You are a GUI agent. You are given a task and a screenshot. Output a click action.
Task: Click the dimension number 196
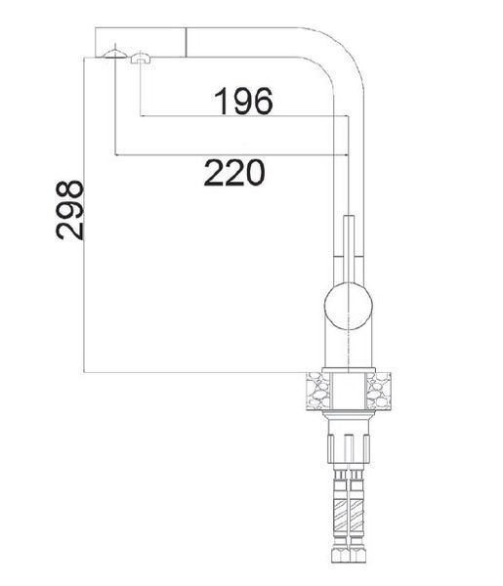tap(243, 101)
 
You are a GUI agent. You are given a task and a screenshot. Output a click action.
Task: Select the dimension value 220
tap(234, 172)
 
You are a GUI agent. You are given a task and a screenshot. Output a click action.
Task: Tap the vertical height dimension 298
tap(69, 210)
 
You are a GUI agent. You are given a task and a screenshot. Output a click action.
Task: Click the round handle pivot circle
tap(349, 307)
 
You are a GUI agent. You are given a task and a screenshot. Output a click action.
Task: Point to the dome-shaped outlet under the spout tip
tap(114, 55)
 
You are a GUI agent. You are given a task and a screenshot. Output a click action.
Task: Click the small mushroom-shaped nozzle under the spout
tap(141, 59)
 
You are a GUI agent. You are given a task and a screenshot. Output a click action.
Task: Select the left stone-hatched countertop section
tap(318, 392)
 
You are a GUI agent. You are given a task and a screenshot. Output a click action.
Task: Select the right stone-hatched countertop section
tap(378, 392)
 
